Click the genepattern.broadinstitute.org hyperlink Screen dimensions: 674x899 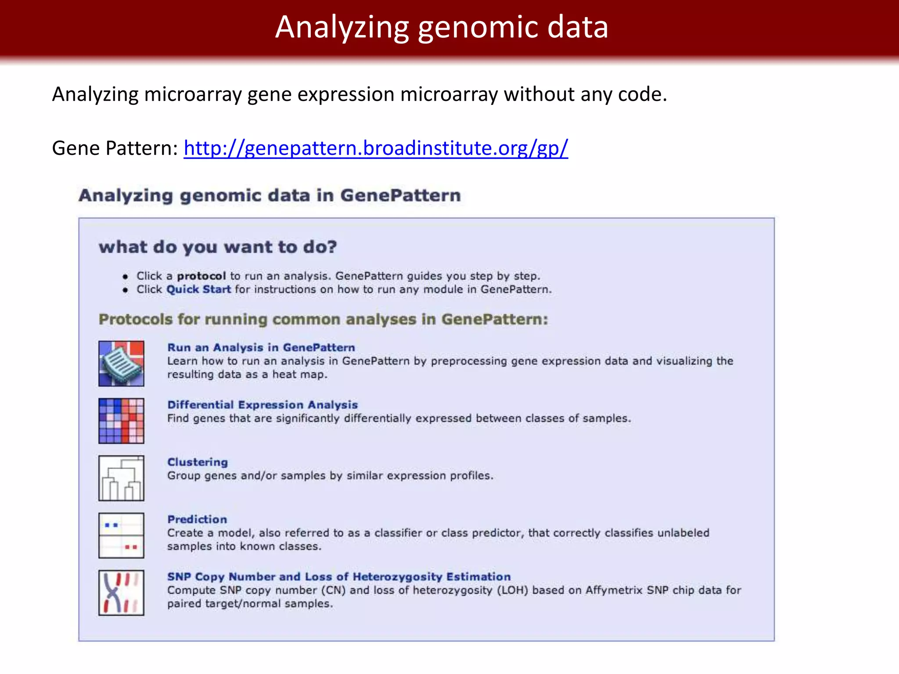pyautogui.click(x=376, y=148)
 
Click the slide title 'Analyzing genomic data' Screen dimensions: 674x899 pyautogui.click(x=442, y=27)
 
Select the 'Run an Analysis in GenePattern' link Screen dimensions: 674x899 pyautogui.click(x=261, y=348)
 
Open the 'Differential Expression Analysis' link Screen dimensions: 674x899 pyautogui.click(x=263, y=405)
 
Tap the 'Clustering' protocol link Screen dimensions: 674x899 pyautogui.click(x=198, y=462)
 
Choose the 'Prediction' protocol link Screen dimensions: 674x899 pyautogui.click(x=197, y=519)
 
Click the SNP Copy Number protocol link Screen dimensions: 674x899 pyautogui.click(x=339, y=577)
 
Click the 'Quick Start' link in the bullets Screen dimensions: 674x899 pyautogui.click(x=198, y=290)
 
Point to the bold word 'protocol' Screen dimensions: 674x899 pyautogui.click(x=201, y=276)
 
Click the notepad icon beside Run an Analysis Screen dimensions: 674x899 pyautogui.click(x=121, y=364)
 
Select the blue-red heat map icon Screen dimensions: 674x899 pyautogui.click(x=121, y=421)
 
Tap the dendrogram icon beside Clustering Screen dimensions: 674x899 pyautogui.click(x=121, y=478)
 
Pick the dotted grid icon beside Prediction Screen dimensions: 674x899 pyautogui.click(x=121, y=535)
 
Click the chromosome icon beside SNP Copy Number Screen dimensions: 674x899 pyautogui.click(x=121, y=593)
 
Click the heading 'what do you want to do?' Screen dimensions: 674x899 pyautogui.click(x=218, y=247)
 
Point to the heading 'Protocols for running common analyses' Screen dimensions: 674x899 pyautogui.click(x=324, y=319)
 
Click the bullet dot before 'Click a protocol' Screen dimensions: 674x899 pyautogui.click(x=126, y=276)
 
